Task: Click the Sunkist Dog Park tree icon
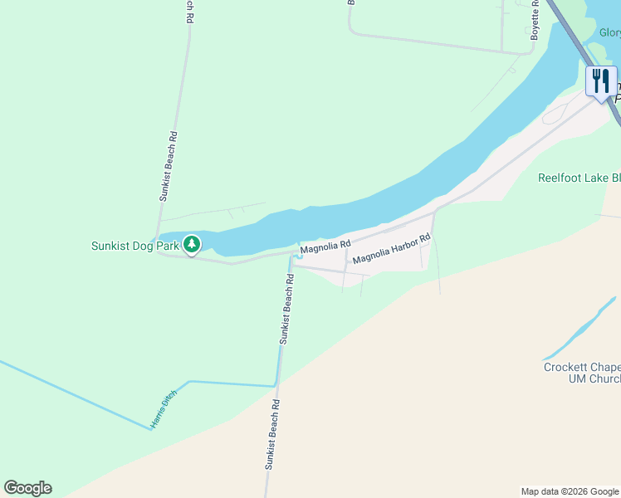pos(193,245)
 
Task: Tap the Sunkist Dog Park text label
pos(135,247)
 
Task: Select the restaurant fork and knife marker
pos(601,81)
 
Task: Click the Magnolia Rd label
pos(326,247)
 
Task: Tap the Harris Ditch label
pos(164,414)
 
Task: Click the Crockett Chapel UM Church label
pos(582,373)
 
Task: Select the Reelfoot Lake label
pos(579,178)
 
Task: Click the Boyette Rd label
pos(535,20)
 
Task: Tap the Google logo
pos(27,488)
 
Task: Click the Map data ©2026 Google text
pos(569,491)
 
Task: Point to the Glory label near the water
pos(609,33)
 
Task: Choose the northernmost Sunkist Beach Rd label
pos(190,10)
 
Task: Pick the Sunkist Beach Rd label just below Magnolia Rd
pos(287,310)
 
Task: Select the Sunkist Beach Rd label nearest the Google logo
pos(271,435)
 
